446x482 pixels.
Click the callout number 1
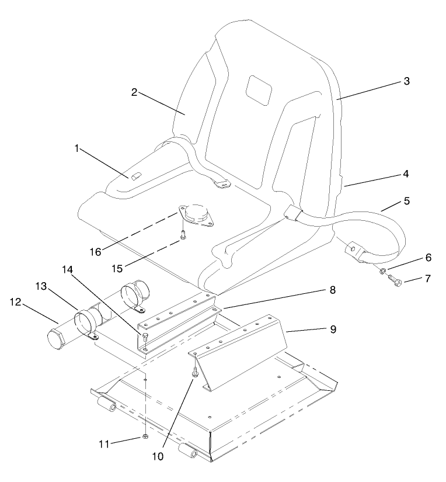pyautogui.click(x=76, y=148)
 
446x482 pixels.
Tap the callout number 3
pyautogui.click(x=406, y=81)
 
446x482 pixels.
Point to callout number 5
pyautogui.click(x=406, y=201)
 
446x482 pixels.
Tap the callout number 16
pyautogui.click(x=96, y=251)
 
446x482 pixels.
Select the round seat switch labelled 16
pyautogui.click(x=197, y=214)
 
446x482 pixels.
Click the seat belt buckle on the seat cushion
pyautogui.click(x=292, y=214)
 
